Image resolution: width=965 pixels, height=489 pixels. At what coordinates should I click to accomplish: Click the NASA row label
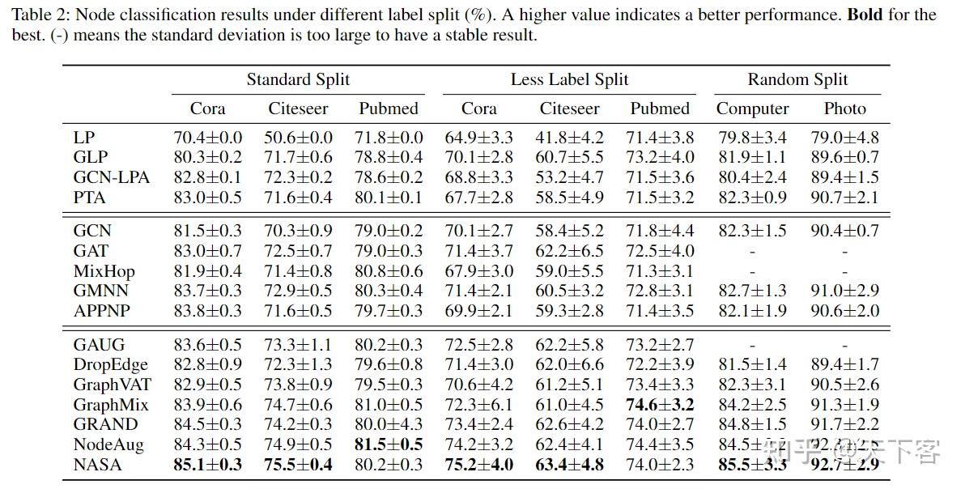[x=97, y=464]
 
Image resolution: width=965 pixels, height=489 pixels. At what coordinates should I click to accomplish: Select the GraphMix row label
[x=109, y=405]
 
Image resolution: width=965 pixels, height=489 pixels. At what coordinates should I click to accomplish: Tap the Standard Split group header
[x=298, y=79]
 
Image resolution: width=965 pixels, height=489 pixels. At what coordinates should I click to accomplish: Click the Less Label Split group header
[x=569, y=79]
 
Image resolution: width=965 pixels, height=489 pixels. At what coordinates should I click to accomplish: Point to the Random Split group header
[x=797, y=79]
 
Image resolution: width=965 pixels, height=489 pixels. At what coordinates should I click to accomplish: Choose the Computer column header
[x=752, y=108]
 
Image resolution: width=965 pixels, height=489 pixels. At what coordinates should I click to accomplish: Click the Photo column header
[x=844, y=108]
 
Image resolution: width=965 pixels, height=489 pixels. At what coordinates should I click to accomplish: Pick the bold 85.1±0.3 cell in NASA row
[x=207, y=464]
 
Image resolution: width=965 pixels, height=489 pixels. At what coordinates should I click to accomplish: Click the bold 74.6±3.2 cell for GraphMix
[x=660, y=404]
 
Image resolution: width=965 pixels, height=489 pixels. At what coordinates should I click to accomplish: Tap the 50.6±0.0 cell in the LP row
[x=298, y=138]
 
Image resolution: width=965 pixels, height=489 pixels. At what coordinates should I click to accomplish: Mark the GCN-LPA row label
[x=111, y=177]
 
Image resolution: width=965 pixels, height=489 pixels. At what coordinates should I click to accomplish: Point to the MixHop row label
[x=104, y=271]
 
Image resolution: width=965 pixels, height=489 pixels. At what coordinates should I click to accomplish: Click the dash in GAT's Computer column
[x=752, y=252]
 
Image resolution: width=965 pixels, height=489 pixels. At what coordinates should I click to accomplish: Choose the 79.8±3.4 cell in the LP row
[x=752, y=138]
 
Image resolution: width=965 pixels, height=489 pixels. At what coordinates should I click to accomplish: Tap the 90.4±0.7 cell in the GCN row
[x=844, y=232]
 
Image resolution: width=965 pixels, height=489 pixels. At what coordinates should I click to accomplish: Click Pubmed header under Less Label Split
[x=660, y=108]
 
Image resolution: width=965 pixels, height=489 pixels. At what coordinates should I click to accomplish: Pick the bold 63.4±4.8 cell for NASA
[x=569, y=464]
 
